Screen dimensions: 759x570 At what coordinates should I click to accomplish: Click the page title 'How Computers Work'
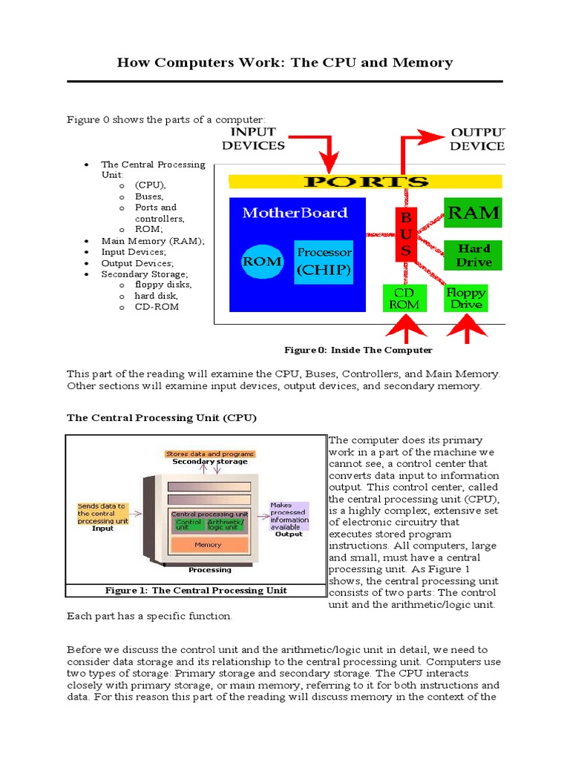tap(284, 62)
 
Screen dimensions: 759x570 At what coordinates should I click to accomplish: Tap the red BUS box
tap(405, 234)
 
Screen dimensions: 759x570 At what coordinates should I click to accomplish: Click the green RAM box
tap(473, 213)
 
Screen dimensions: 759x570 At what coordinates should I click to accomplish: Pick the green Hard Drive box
tap(473, 255)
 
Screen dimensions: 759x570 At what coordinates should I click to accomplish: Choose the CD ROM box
tap(404, 299)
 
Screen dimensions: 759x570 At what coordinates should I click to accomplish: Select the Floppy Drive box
tap(465, 299)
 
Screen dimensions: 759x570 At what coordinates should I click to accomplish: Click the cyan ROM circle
tap(262, 261)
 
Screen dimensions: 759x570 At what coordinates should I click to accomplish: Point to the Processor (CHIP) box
tap(324, 262)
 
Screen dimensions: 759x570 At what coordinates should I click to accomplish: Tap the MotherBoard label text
tap(295, 213)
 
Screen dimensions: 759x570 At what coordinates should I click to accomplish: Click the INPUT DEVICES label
tap(253, 139)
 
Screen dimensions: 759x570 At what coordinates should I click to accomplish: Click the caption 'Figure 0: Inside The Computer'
tap(358, 350)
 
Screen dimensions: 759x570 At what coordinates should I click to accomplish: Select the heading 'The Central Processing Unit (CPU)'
tap(162, 417)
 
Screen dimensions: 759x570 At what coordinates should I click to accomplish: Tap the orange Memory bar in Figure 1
tap(208, 545)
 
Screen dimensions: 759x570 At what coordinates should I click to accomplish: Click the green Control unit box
tap(188, 525)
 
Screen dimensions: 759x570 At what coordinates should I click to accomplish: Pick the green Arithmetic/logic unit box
tap(226, 525)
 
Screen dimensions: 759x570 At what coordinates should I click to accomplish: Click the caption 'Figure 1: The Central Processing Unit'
tap(196, 591)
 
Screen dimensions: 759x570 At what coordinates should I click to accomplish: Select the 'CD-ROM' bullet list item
tap(157, 307)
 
